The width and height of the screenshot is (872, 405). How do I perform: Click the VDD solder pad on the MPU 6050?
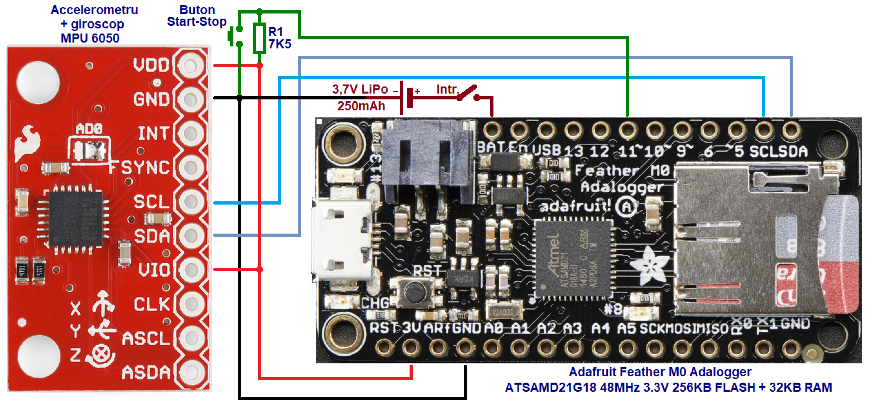point(191,65)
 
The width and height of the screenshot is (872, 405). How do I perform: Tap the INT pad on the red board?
point(191,133)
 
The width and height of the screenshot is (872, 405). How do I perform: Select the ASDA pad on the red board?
point(191,372)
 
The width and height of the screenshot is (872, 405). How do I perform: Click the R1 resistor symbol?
point(259,38)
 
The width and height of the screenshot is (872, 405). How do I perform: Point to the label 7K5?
point(280,44)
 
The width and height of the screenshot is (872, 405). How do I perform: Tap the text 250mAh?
point(361,106)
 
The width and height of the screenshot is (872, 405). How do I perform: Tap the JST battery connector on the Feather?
point(428,163)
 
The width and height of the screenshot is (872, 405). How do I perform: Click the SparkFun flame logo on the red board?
point(28,142)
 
